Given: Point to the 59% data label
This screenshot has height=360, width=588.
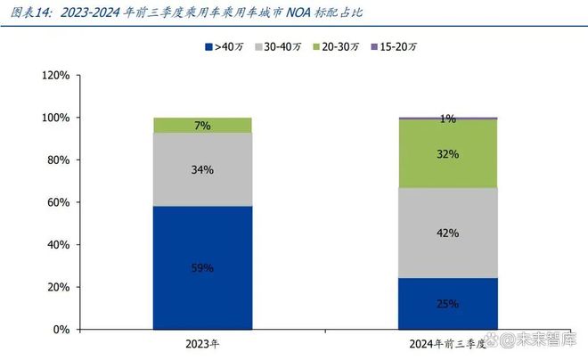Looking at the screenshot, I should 202,267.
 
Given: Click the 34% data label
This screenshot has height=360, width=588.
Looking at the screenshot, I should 202,169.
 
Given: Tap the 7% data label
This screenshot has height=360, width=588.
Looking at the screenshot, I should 202,126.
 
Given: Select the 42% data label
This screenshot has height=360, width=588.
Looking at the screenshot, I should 448,233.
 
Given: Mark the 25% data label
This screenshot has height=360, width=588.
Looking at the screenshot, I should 448,304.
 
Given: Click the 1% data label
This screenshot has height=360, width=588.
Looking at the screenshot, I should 448,119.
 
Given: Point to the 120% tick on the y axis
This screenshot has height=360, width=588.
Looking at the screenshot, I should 55,76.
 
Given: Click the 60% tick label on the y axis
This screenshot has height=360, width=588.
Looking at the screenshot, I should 58,202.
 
